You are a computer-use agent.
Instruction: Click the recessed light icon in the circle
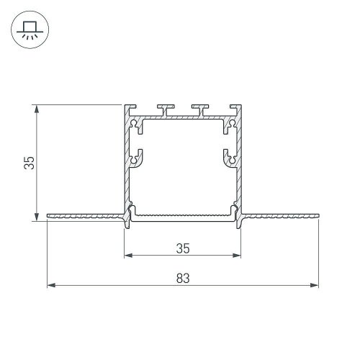point(30,30)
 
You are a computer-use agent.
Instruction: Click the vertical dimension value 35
point(30,163)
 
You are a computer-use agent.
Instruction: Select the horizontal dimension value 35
point(183,248)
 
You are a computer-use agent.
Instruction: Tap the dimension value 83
point(183,279)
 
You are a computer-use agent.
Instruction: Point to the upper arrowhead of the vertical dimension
point(37,109)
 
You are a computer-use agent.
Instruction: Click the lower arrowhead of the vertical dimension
point(37,216)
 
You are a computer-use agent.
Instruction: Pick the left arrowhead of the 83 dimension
point(51,285)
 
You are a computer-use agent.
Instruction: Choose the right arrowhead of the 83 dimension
point(314,285)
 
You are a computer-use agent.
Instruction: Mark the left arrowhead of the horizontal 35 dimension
point(128,256)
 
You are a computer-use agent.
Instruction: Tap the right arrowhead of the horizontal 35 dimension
point(236,256)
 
